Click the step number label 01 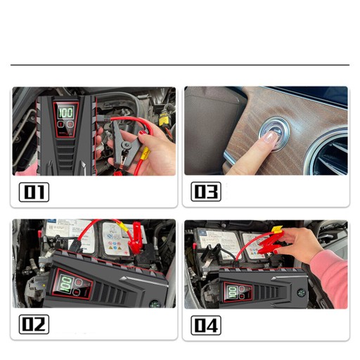(34, 192)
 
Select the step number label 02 (34, 324)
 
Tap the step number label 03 (206, 192)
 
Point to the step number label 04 (206, 326)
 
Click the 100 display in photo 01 (65, 112)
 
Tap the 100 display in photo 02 (65, 283)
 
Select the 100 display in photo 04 (232, 292)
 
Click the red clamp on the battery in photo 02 (136, 236)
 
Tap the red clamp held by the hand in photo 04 (269, 245)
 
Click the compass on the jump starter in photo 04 (302, 293)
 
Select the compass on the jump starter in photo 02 (155, 304)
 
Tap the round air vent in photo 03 (328, 152)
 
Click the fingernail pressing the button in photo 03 (271, 137)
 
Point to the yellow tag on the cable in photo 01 (146, 153)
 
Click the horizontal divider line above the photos (180, 65)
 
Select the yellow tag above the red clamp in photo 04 (276, 229)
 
